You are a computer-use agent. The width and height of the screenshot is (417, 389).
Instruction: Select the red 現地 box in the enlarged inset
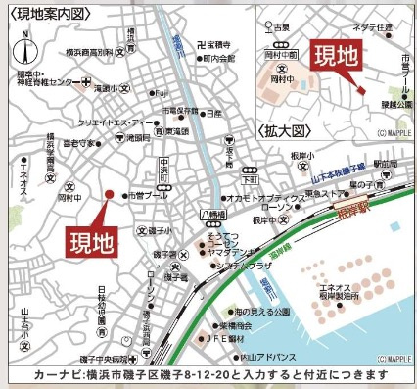click(x=334, y=57)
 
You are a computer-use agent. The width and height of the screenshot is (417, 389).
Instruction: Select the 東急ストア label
click(x=324, y=193)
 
